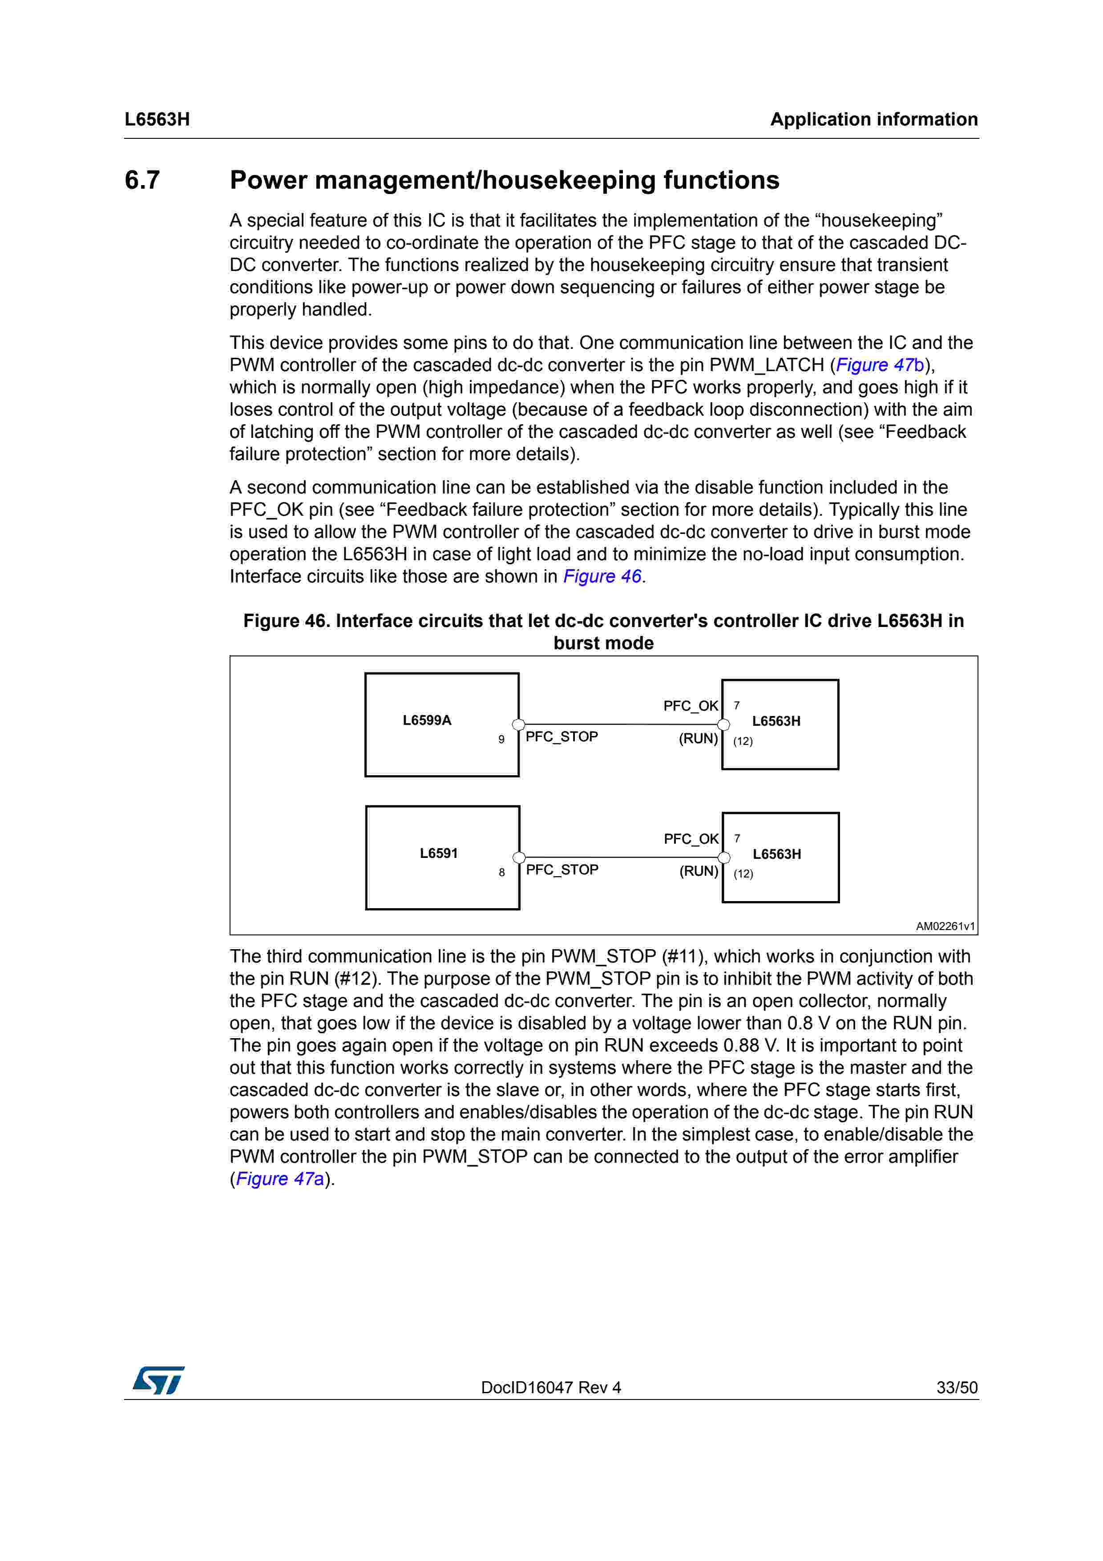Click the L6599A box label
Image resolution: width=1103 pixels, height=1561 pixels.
point(427,720)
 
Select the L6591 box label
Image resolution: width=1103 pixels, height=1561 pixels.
point(438,853)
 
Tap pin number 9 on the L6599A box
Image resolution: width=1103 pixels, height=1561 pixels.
point(501,740)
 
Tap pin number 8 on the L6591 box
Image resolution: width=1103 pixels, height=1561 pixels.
point(501,872)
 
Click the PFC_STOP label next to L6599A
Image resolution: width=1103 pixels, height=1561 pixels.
point(562,737)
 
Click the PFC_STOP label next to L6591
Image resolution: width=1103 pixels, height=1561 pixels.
point(562,869)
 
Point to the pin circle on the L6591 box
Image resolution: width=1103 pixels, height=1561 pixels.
point(519,857)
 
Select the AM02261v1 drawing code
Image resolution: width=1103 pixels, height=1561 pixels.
point(945,926)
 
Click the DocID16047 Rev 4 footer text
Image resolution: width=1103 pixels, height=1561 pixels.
point(550,1387)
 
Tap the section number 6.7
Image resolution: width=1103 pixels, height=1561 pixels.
point(142,180)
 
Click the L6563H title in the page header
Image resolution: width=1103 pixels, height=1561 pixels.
point(157,120)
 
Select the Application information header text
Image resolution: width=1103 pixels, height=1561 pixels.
point(874,120)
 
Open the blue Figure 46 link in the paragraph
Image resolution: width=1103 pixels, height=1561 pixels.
point(602,577)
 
